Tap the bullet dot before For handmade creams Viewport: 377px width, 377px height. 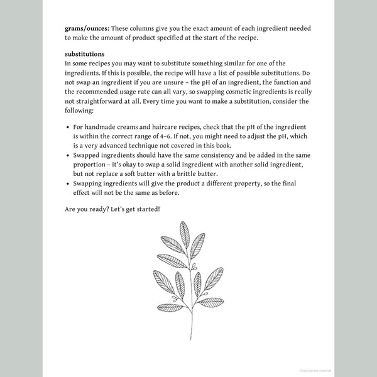[67, 127]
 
